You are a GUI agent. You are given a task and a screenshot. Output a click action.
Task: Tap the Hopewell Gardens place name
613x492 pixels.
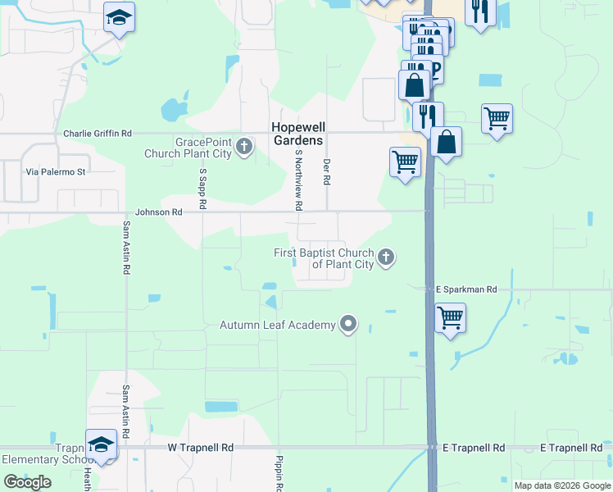click(297, 134)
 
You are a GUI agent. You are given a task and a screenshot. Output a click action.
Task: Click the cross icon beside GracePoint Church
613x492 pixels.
click(243, 148)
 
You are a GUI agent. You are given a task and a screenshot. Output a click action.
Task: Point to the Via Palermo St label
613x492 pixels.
click(56, 172)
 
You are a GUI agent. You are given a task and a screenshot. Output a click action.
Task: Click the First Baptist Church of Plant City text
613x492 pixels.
click(324, 258)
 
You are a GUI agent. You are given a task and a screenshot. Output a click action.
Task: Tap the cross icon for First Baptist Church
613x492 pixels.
click(386, 258)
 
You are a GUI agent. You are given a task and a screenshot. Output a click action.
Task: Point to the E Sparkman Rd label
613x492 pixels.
click(465, 289)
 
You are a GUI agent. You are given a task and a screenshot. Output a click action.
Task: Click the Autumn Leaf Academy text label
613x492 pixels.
click(278, 325)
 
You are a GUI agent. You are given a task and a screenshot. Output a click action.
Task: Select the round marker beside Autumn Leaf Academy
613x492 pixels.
click(348, 325)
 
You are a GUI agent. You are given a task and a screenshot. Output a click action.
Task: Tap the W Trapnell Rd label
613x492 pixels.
click(201, 448)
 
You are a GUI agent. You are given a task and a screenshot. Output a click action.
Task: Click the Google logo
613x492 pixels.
click(27, 482)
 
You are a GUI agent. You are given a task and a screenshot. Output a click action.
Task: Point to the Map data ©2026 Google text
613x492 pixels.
click(562, 485)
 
